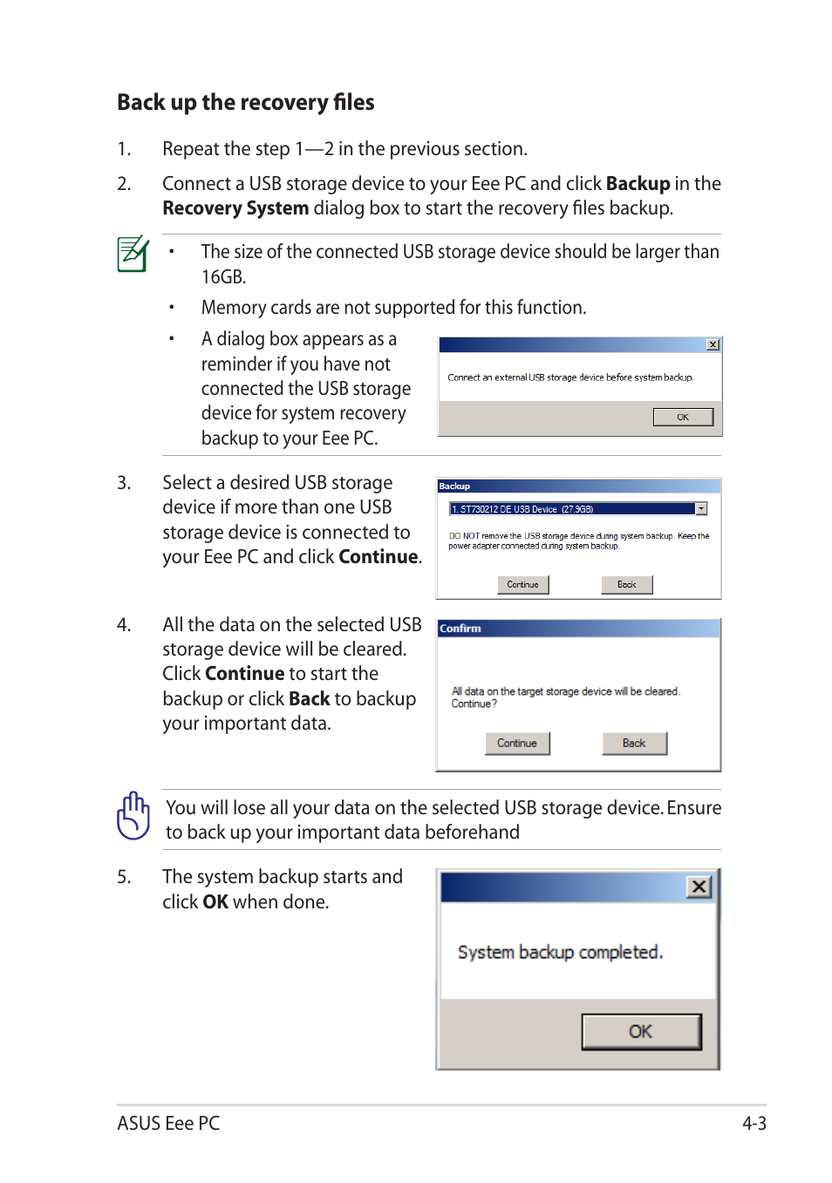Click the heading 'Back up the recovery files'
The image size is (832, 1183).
(x=245, y=103)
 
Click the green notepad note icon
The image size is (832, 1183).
(x=133, y=254)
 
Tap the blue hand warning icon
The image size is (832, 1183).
(x=133, y=816)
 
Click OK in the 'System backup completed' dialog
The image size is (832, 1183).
(x=641, y=1031)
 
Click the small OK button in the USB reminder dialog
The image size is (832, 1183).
(x=683, y=418)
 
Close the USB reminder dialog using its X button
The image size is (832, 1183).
(x=713, y=344)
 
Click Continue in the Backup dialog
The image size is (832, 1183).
(x=522, y=585)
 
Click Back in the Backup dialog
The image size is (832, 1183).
(x=626, y=585)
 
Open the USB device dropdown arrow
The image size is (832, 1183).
(x=701, y=509)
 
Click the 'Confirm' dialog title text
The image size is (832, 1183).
(x=460, y=629)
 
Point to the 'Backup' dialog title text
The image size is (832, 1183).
(x=454, y=486)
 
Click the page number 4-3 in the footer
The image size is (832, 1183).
(x=754, y=1123)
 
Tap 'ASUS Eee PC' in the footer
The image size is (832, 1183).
(x=168, y=1123)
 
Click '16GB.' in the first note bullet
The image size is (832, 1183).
(x=223, y=277)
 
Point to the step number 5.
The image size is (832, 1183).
(x=124, y=877)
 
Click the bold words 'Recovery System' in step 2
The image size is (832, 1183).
(x=235, y=208)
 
